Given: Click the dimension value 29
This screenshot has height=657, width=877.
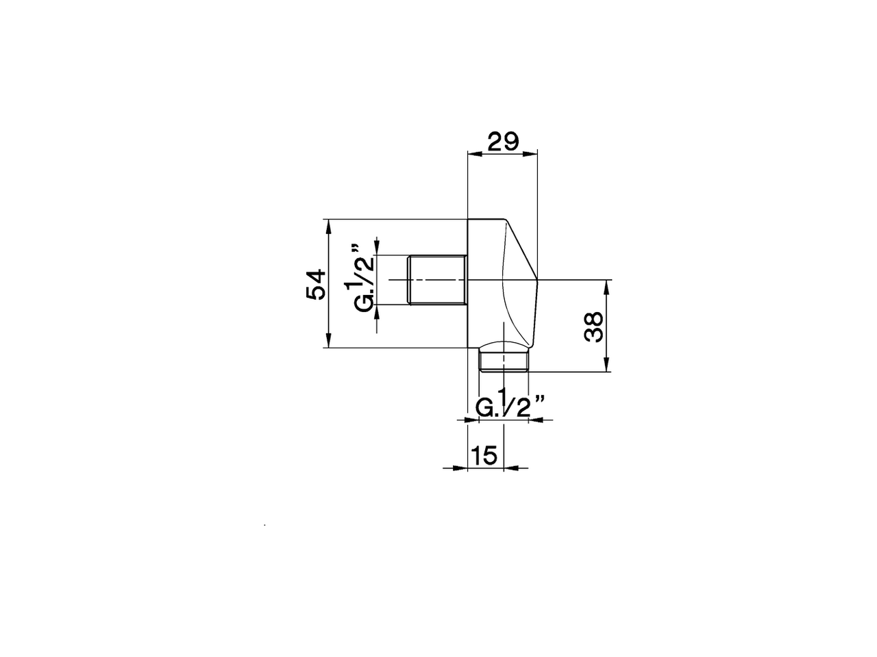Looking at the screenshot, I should [x=503, y=142].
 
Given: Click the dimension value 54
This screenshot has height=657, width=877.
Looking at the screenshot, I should [x=316, y=284].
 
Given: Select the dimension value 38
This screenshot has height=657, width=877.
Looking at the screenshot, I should [x=593, y=326].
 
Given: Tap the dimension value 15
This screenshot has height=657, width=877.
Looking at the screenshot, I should [x=484, y=455].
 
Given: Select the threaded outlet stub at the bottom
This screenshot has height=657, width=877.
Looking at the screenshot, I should [x=504, y=360].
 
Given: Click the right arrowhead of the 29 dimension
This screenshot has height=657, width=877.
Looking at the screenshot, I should [x=532, y=154].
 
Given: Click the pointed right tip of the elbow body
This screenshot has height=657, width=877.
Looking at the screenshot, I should [x=538, y=280].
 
